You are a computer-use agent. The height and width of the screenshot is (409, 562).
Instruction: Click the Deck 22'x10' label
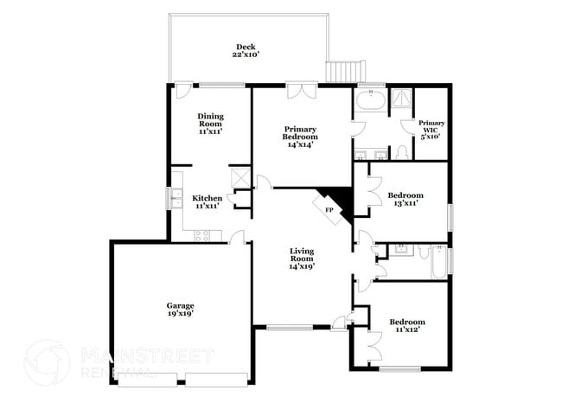[246, 50]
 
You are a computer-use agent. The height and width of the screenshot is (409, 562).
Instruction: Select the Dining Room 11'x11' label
[210, 125]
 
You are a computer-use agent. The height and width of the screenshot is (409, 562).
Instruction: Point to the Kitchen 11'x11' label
[207, 201]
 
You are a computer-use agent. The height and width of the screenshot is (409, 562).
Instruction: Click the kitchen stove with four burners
[203, 234]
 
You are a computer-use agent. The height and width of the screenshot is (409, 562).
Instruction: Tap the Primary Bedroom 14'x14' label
[300, 136]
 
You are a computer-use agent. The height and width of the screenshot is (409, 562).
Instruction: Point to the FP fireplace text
[329, 210]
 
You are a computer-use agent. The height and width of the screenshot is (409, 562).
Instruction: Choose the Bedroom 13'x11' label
[405, 199]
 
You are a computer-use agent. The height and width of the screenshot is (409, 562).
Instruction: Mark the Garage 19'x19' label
[180, 310]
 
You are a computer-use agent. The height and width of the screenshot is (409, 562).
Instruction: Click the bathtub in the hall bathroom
[438, 262]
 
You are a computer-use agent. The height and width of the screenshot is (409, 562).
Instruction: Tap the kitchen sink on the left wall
[176, 197]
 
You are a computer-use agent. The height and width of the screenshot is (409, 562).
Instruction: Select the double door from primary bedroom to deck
[300, 86]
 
